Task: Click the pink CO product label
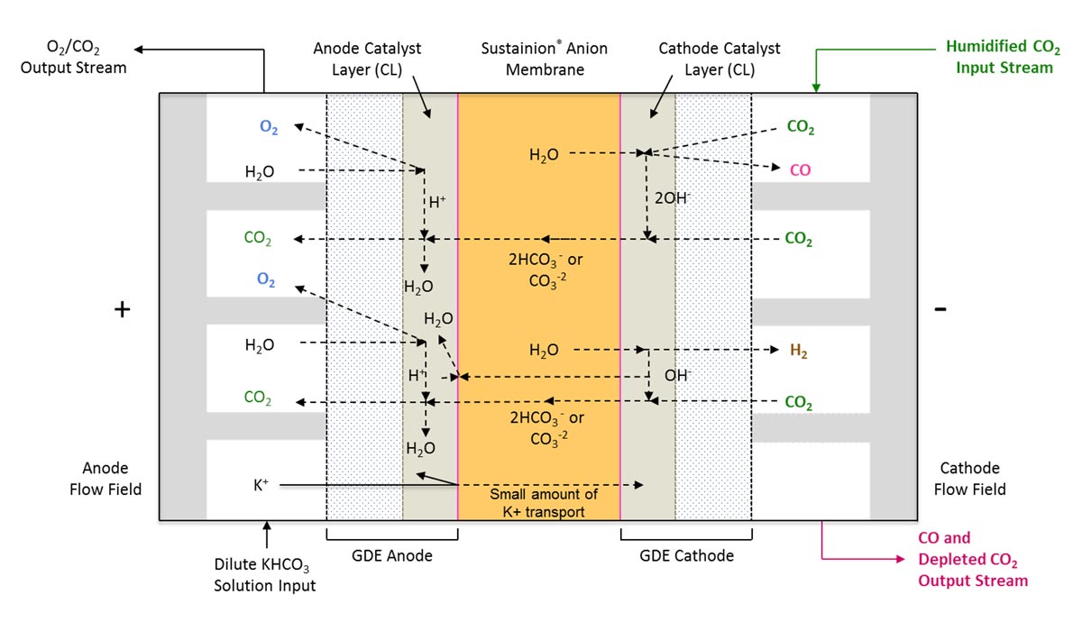click(800, 169)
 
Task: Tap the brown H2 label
click(798, 352)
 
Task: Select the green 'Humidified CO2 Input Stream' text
click(998, 56)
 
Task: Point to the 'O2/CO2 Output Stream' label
click(74, 56)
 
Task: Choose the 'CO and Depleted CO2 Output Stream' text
click(972, 559)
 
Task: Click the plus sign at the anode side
click(122, 309)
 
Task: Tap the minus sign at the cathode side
click(940, 308)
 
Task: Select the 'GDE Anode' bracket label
click(392, 555)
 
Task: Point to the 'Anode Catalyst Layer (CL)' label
click(367, 58)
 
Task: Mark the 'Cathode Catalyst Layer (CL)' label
click(720, 58)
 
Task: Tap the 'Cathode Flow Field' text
click(969, 479)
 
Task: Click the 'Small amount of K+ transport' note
click(538, 503)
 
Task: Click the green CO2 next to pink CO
click(801, 128)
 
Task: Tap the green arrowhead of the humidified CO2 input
click(816, 87)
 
